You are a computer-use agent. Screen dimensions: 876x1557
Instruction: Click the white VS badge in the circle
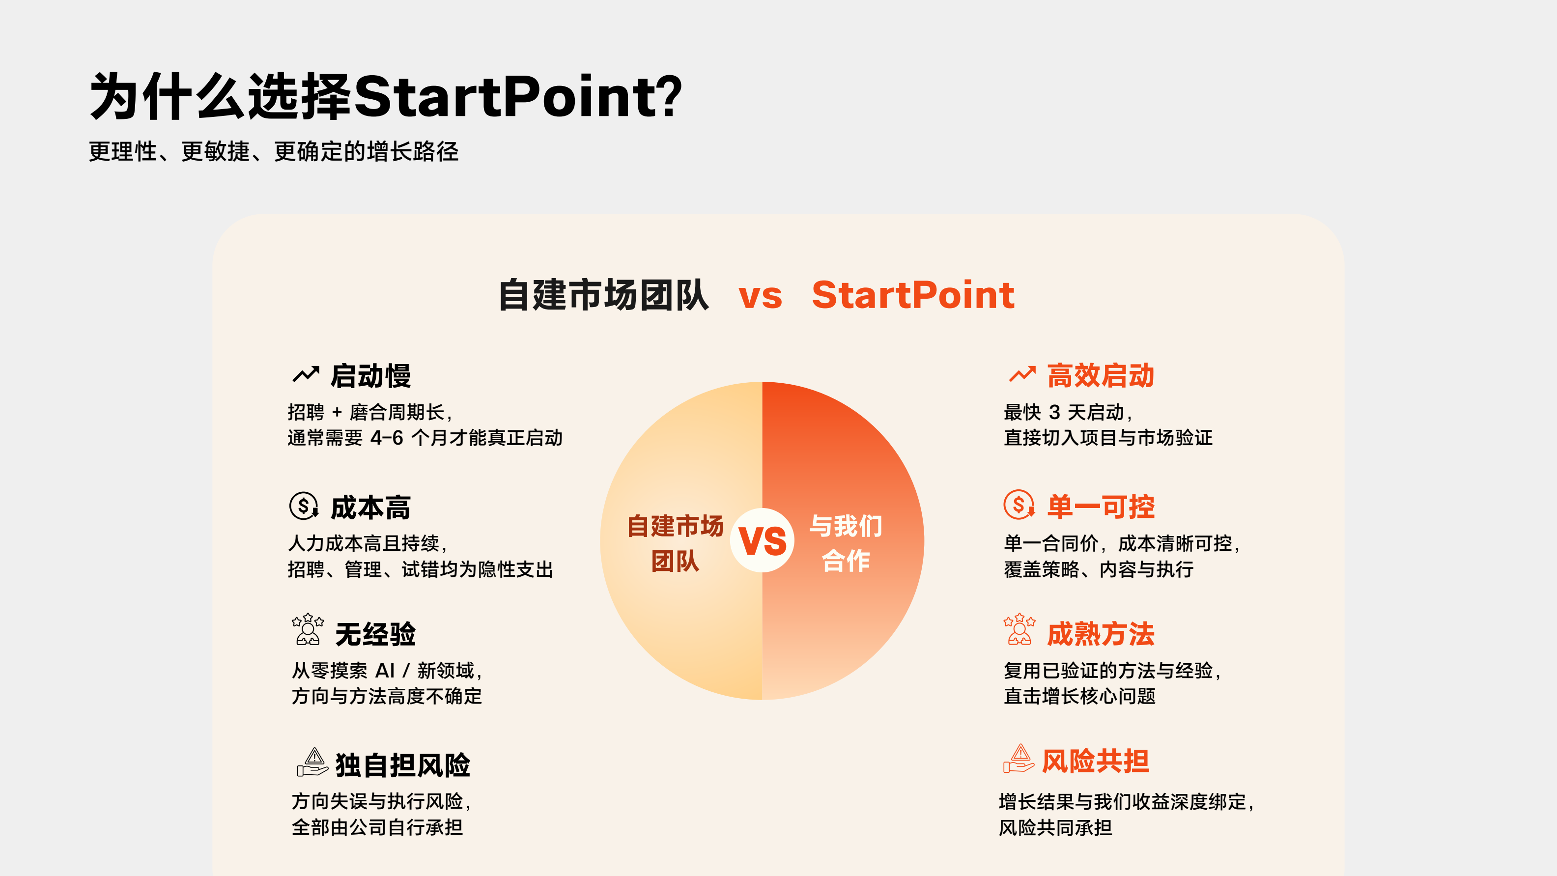[762, 540]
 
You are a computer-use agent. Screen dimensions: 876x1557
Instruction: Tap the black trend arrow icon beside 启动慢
[306, 375]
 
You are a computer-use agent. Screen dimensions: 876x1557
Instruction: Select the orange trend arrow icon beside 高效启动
[1022, 375]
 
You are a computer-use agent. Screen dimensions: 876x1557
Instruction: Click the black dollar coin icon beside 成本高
[304, 506]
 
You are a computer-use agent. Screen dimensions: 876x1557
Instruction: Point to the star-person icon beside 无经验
[308, 629]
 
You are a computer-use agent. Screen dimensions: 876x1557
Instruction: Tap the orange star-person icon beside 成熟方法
[1019, 629]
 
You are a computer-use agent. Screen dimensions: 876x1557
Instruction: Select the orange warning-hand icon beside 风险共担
[1019, 760]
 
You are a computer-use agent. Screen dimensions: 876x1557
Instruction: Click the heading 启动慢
[370, 376]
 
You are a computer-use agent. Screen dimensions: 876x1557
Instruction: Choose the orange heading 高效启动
[1101, 375]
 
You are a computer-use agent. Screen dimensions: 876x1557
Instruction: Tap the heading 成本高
[370, 507]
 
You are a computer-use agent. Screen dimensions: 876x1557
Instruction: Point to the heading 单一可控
[1101, 507]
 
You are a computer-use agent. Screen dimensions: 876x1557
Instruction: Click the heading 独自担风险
[402, 765]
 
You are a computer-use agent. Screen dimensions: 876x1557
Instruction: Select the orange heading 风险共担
[1095, 761]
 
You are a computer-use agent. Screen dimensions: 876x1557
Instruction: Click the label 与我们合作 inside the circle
[846, 543]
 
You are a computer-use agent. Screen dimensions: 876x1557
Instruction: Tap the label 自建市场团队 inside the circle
[675, 543]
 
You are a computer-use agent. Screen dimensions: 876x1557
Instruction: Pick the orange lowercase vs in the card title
[761, 296]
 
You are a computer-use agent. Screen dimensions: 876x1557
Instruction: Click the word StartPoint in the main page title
[517, 97]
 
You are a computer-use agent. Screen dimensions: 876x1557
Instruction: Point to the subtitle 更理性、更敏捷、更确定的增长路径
[274, 151]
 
